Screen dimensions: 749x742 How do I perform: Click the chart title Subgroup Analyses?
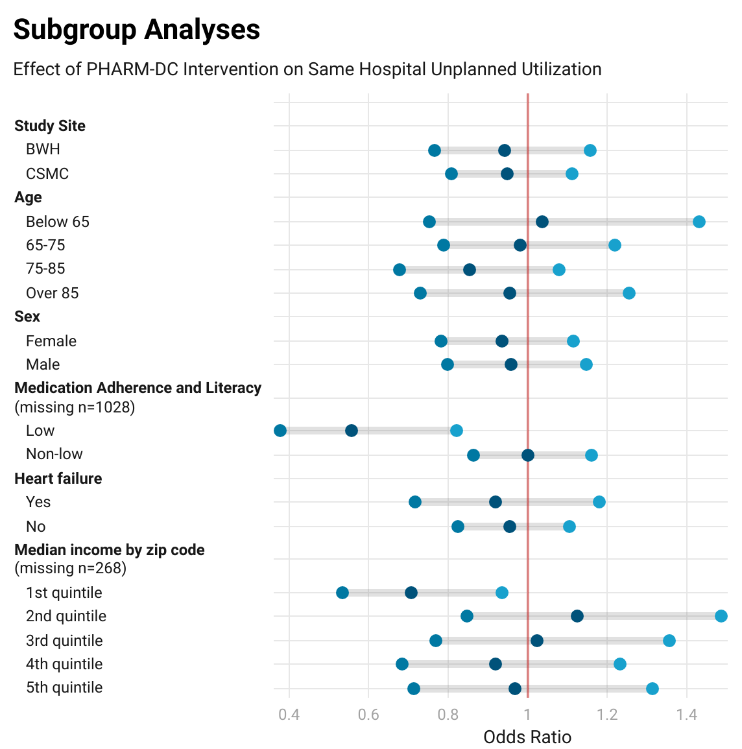click(x=136, y=30)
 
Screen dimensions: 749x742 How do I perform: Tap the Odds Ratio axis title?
click(x=527, y=737)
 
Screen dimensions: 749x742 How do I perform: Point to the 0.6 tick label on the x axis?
click(x=368, y=715)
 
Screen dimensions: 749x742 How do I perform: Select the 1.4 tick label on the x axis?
click(x=687, y=715)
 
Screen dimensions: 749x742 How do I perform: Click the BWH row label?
click(x=43, y=149)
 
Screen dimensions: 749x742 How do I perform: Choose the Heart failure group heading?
click(x=58, y=479)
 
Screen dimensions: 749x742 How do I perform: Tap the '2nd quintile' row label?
click(x=66, y=616)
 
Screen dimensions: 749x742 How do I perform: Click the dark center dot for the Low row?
click(x=352, y=431)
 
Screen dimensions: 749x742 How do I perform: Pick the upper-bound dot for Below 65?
click(x=699, y=222)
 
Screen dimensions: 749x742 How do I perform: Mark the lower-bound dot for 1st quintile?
click(x=342, y=593)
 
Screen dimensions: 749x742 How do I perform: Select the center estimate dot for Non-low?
click(x=528, y=455)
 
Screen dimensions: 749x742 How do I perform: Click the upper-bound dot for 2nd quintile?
click(x=721, y=616)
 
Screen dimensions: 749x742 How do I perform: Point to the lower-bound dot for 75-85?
click(x=400, y=270)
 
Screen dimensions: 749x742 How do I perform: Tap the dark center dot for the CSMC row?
click(x=507, y=174)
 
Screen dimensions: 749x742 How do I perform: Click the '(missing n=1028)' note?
click(x=75, y=407)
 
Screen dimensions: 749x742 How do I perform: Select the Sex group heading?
click(x=27, y=316)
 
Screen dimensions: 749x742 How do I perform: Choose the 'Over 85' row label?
click(x=52, y=293)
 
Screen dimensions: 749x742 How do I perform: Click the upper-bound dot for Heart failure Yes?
click(x=599, y=502)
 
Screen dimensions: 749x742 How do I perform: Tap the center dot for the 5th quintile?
click(x=515, y=689)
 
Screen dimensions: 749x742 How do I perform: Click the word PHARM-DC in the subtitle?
click(x=132, y=69)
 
